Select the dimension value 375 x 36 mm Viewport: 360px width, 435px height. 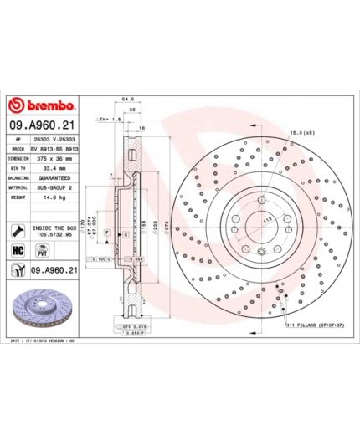coord(52,156)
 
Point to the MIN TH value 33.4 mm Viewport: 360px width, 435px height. coord(52,167)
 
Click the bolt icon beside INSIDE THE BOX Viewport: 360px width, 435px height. coord(17,230)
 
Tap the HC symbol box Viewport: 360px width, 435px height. coord(17,251)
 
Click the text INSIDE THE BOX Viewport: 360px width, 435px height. coord(55,226)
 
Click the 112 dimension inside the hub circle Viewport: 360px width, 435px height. coord(269,219)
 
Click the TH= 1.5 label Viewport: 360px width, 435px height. coord(106,119)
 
